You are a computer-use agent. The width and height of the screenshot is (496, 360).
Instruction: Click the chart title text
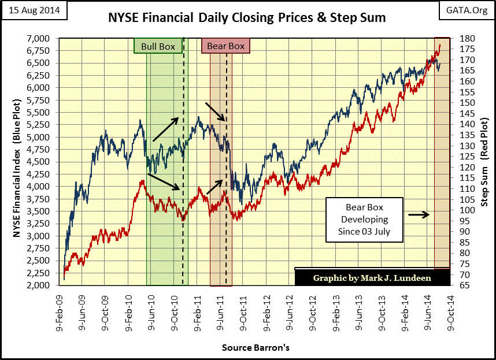[x=247, y=18]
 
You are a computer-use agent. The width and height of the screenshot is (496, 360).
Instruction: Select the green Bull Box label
[x=158, y=46]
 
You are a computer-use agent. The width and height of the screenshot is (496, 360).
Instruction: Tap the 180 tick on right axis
[x=463, y=38]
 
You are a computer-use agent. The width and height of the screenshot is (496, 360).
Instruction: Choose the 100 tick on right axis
[x=463, y=210]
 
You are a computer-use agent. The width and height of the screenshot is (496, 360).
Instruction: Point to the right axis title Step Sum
[x=484, y=162]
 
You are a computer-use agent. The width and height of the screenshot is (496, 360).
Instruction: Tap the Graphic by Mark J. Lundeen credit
[x=372, y=278]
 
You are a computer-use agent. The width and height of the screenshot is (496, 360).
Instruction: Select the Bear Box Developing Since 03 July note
[x=365, y=220]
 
